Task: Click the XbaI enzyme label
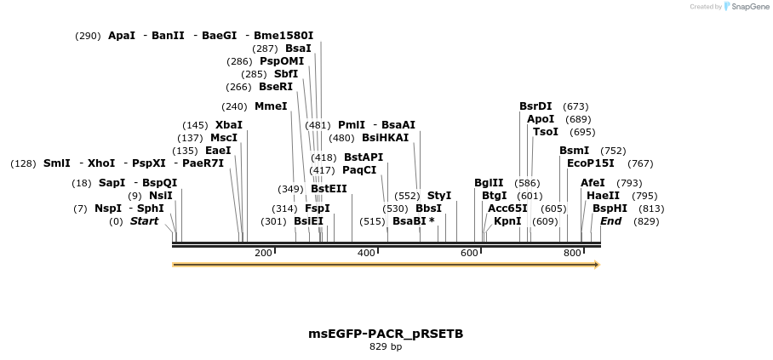pyautogui.click(x=228, y=125)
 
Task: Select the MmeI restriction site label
pyautogui.click(x=271, y=107)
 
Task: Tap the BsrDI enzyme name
pyautogui.click(x=535, y=106)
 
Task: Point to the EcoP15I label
pyautogui.click(x=590, y=163)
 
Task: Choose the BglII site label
pyautogui.click(x=489, y=183)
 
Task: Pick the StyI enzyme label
pyautogui.click(x=439, y=196)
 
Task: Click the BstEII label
pyautogui.click(x=328, y=189)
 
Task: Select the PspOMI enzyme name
pyautogui.click(x=282, y=61)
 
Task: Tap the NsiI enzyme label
pyautogui.click(x=161, y=196)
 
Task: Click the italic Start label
pyautogui.click(x=144, y=221)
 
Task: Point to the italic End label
pyautogui.click(x=610, y=221)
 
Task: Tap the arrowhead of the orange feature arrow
pyautogui.click(x=596, y=265)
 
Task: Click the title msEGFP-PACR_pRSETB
pyautogui.click(x=386, y=334)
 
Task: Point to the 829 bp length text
pyautogui.click(x=386, y=347)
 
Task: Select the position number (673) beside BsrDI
pyautogui.click(x=575, y=106)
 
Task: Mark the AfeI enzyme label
pyautogui.click(x=593, y=183)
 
